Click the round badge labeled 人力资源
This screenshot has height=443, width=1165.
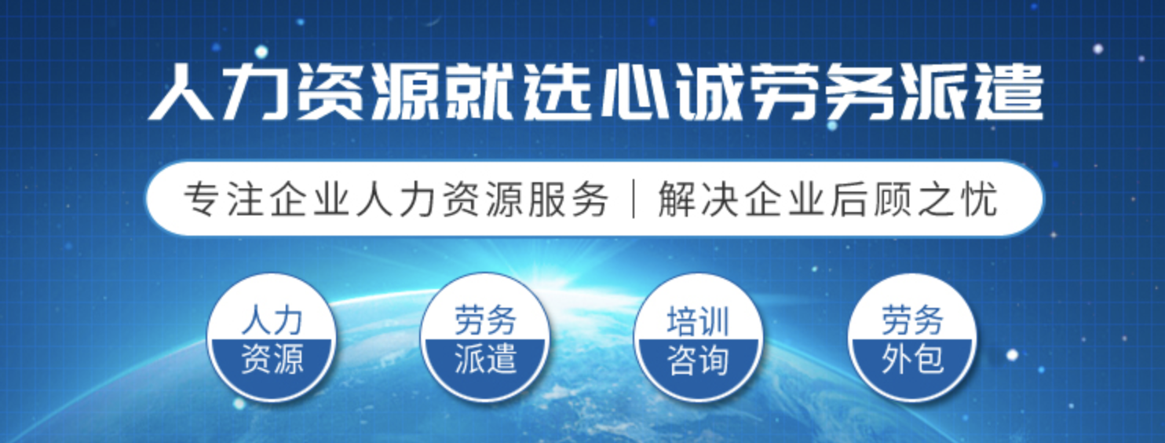[272, 337]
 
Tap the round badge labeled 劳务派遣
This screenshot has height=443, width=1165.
[484, 337]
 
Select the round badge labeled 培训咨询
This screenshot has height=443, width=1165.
[698, 337]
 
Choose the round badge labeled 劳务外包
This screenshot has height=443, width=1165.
[911, 337]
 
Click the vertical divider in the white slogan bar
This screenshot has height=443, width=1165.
[634, 199]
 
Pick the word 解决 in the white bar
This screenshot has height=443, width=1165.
[699, 199]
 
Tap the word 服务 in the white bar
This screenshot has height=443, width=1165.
[568, 199]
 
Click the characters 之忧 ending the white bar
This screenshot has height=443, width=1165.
[957, 199]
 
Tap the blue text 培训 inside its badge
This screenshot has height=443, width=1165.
[698, 320]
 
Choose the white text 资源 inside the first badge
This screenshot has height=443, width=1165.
[272, 359]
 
